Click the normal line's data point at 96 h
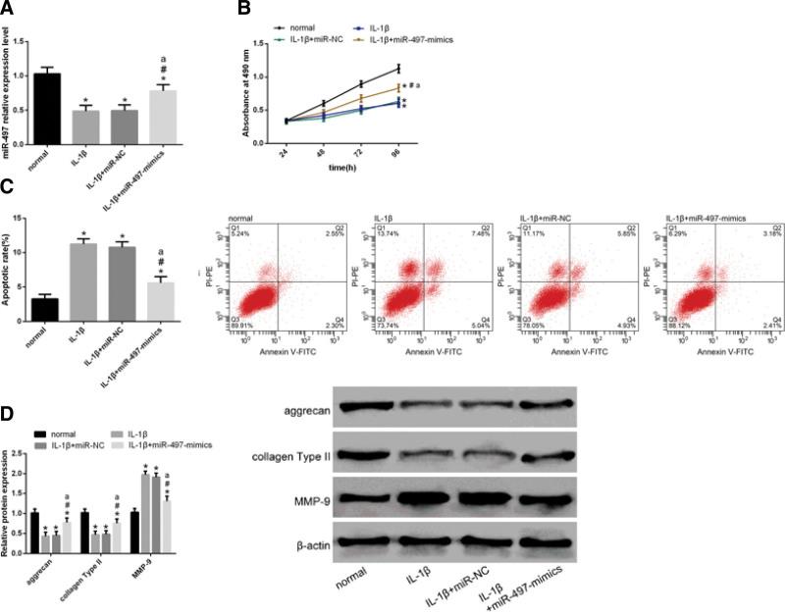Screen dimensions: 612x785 point(398,68)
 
